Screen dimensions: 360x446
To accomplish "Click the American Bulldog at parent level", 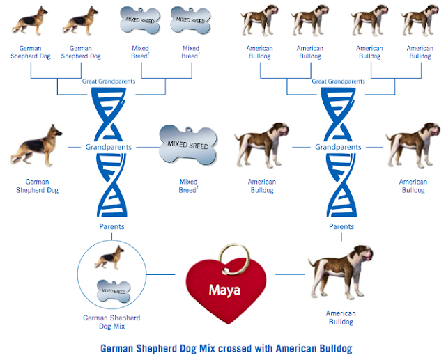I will point(340,268).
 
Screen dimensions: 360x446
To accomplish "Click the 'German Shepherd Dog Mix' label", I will point(105,322).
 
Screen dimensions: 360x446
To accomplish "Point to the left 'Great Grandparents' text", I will point(111,81).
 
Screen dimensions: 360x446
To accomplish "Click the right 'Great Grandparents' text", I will point(339,81).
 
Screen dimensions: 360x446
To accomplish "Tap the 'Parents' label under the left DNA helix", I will point(111,226).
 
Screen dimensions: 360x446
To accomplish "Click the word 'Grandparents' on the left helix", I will point(109,148).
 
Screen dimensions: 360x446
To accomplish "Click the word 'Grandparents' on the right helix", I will point(338,148).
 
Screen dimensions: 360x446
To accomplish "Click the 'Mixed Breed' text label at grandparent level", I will point(188,186).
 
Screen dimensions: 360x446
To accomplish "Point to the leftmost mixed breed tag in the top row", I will point(139,19).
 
